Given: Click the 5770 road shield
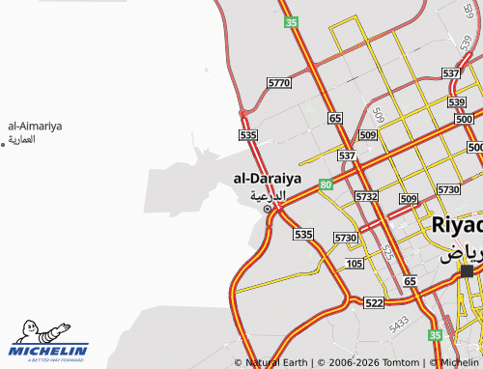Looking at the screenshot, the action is tap(278, 84).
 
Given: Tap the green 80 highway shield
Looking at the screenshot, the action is tap(327, 184).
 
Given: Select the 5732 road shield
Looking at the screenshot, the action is tap(366, 196).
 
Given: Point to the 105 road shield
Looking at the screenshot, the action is tap(354, 263).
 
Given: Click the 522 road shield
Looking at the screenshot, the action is tap(374, 302).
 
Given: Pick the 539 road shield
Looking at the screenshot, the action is tap(457, 101).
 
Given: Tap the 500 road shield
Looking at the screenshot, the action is tap(474, 147).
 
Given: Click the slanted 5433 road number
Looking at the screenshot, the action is tap(398, 325).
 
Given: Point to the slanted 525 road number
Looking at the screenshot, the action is tap(386, 253).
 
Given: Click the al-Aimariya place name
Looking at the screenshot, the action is tap(35, 126).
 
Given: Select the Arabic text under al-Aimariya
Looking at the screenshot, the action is tap(21, 139).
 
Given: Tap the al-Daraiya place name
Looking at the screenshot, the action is tap(268, 179).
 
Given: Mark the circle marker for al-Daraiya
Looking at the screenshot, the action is tap(268, 208).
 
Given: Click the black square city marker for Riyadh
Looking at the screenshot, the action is tap(468, 271).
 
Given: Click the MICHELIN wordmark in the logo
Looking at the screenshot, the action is tap(49, 351).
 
